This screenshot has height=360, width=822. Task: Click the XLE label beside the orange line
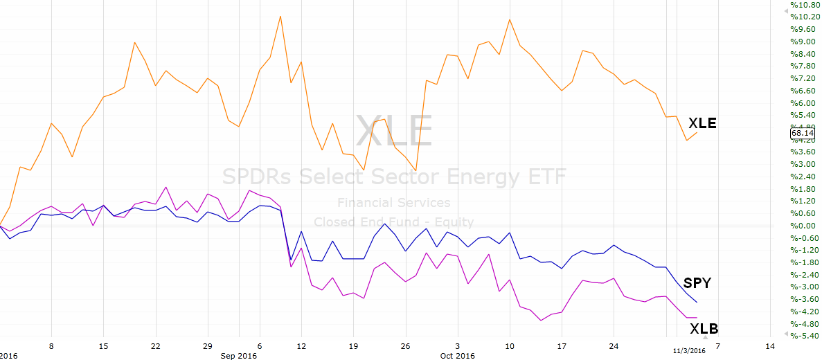point(702,124)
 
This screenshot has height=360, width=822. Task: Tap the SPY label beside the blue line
point(697,283)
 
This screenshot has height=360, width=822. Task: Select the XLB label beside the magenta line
point(704,329)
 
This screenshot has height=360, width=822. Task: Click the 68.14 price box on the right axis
point(803,133)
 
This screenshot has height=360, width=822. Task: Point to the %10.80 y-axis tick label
point(803,5)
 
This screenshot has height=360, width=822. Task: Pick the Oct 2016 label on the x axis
point(458,356)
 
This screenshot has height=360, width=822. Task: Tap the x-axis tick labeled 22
point(155,346)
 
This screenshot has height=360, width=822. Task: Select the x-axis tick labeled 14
point(770,346)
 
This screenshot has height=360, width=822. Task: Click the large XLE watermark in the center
point(394,131)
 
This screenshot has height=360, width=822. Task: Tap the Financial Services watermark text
point(394,202)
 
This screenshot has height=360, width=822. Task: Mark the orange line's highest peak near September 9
point(280,16)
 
